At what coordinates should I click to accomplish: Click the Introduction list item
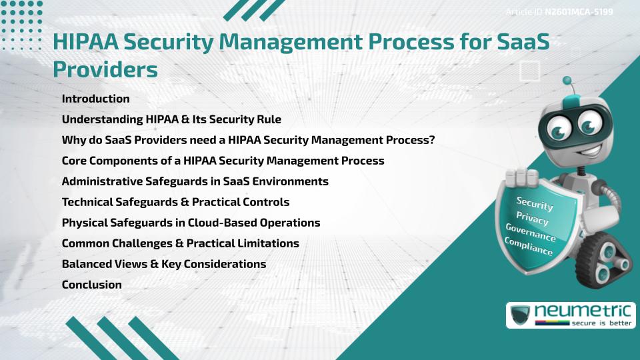click(x=95, y=99)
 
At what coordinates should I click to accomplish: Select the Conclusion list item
click(x=91, y=285)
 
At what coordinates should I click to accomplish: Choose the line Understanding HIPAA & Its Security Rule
click(x=171, y=119)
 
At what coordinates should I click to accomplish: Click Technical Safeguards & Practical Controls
click(x=175, y=202)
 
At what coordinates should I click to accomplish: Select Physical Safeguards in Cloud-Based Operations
click(x=191, y=223)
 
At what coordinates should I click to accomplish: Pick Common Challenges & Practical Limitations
click(x=180, y=243)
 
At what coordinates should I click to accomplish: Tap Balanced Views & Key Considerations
click(x=163, y=264)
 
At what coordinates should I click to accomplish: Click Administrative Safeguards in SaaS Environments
click(x=195, y=181)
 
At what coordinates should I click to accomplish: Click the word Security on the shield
click(x=535, y=203)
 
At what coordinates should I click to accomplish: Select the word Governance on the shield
click(x=531, y=233)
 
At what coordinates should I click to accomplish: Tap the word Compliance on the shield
click(x=529, y=247)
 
